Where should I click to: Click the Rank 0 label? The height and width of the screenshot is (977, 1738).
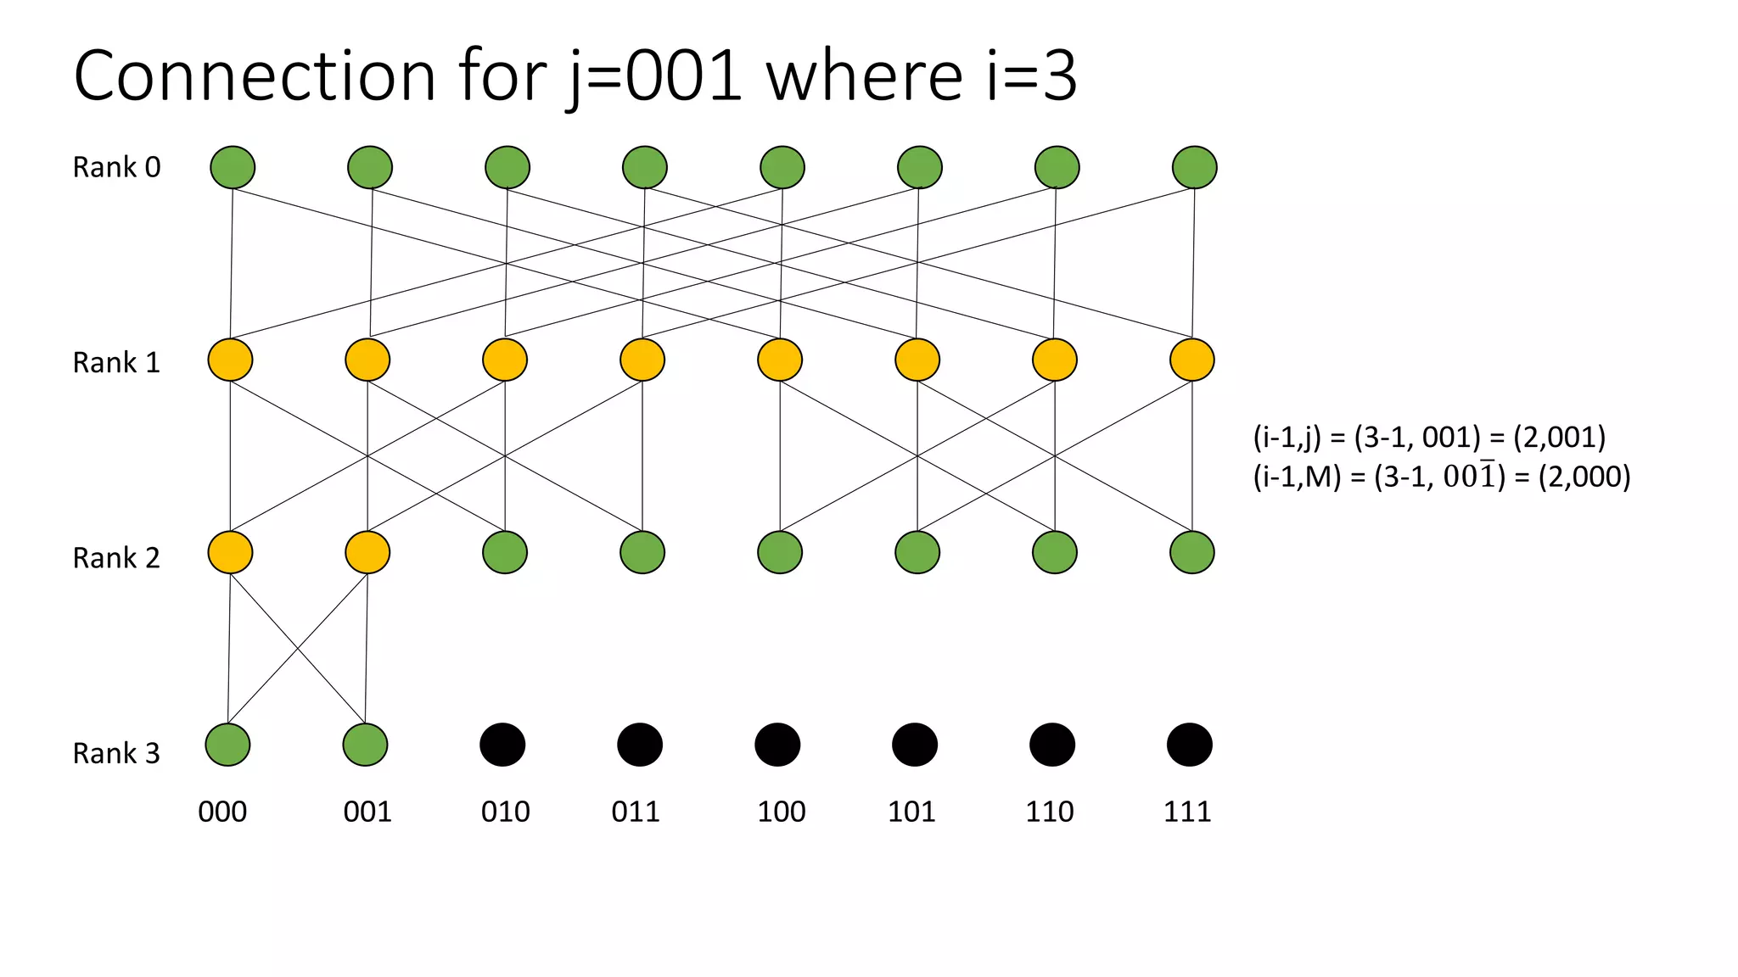116,167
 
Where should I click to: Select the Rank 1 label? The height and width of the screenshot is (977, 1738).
116,362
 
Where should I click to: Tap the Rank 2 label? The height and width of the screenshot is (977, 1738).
116,557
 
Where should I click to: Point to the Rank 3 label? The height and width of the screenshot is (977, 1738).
116,753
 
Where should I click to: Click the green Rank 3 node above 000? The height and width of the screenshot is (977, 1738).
227,745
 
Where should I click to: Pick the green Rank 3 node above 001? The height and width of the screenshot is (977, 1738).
365,745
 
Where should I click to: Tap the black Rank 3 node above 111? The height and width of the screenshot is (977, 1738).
1189,745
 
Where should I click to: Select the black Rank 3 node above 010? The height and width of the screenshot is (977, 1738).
502,745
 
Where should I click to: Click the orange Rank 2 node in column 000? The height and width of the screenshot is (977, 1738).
230,552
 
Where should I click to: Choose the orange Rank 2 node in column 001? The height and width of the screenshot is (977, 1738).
367,552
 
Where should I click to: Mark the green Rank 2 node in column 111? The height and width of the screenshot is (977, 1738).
1191,552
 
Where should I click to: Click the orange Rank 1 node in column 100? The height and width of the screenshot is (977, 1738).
780,360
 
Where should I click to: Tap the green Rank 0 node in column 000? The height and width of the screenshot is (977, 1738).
233,167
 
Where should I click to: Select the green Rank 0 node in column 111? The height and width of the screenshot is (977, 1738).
1194,167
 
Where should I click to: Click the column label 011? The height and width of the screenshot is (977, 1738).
636,812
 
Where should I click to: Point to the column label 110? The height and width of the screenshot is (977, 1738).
1049,812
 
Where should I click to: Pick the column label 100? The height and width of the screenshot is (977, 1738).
781,812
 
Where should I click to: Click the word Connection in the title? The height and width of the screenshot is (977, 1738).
255,76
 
